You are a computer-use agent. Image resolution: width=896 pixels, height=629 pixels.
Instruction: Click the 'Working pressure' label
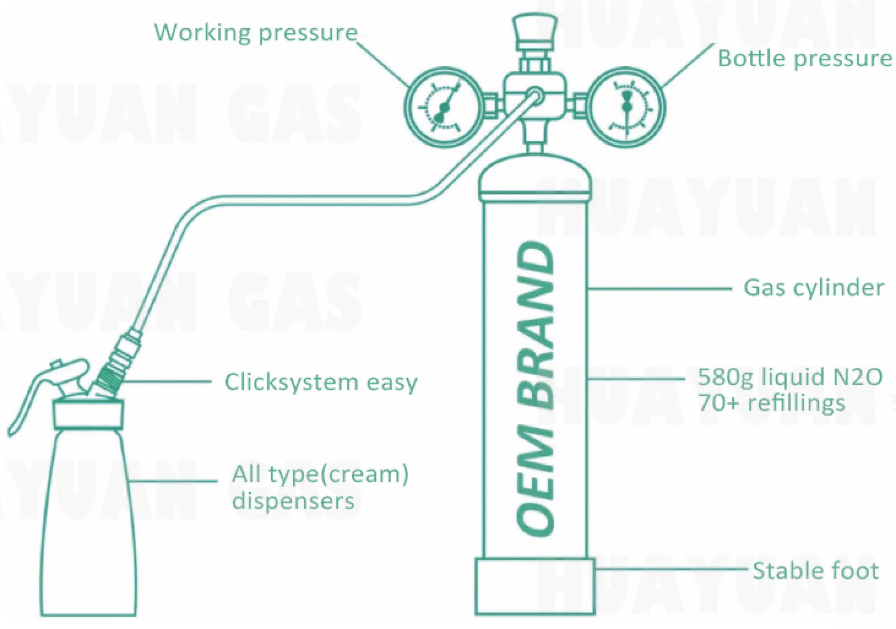point(256,33)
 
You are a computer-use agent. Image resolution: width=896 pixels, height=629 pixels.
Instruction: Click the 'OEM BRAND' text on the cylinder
point(536,388)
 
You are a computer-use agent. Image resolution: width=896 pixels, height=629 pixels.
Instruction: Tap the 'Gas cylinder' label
point(814,289)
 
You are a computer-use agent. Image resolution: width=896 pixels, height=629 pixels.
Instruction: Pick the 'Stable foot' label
point(816,571)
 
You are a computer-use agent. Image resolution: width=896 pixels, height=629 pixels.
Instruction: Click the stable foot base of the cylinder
point(535,586)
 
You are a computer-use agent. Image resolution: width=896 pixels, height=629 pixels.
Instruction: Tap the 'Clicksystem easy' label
point(321,382)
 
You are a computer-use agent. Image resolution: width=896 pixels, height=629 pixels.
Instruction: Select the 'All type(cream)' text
point(320,474)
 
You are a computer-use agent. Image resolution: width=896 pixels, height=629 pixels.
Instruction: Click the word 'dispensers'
point(293,501)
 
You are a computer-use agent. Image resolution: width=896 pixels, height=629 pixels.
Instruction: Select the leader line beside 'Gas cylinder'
point(659,289)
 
